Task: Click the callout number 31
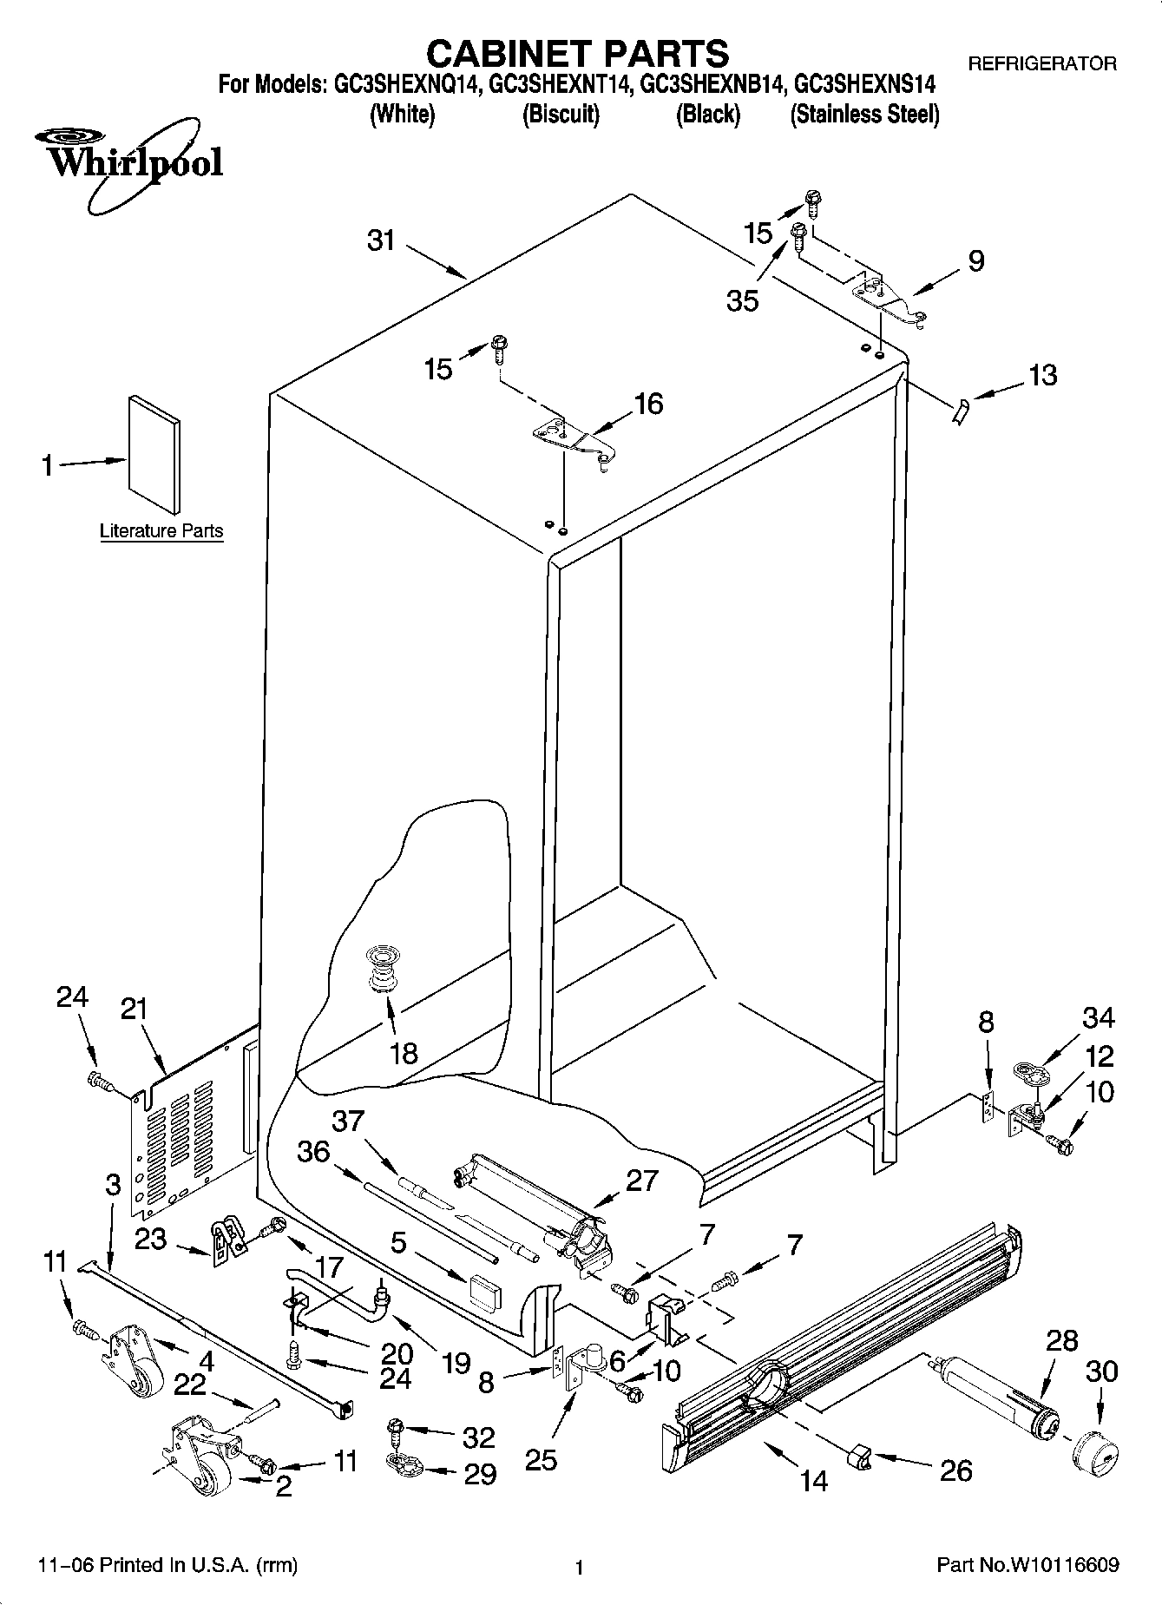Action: click(381, 240)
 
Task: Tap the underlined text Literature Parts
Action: click(161, 530)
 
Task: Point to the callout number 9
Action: click(976, 260)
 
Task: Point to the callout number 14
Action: click(814, 1480)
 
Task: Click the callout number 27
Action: click(641, 1181)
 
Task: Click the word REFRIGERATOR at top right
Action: click(1041, 63)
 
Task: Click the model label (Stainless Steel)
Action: click(864, 115)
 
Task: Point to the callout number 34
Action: click(1098, 1017)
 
